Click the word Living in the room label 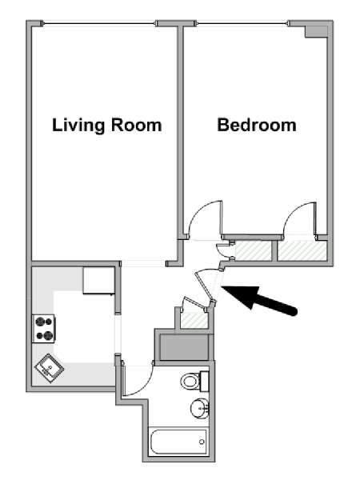(x=78, y=126)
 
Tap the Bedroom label (x=257, y=125)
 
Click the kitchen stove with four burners (x=44, y=329)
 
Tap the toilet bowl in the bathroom (x=190, y=382)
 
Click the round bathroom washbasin (x=200, y=408)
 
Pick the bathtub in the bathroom (x=178, y=442)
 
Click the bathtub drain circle (x=202, y=442)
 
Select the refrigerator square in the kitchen (x=98, y=281)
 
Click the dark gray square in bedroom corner (x=316, y=31)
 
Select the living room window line (x=98, y=23)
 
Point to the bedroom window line (x=242, y=23)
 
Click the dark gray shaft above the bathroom (x=185, y=347)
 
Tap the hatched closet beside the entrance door (x=194, y=320)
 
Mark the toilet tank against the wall (x=204, y=381)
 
